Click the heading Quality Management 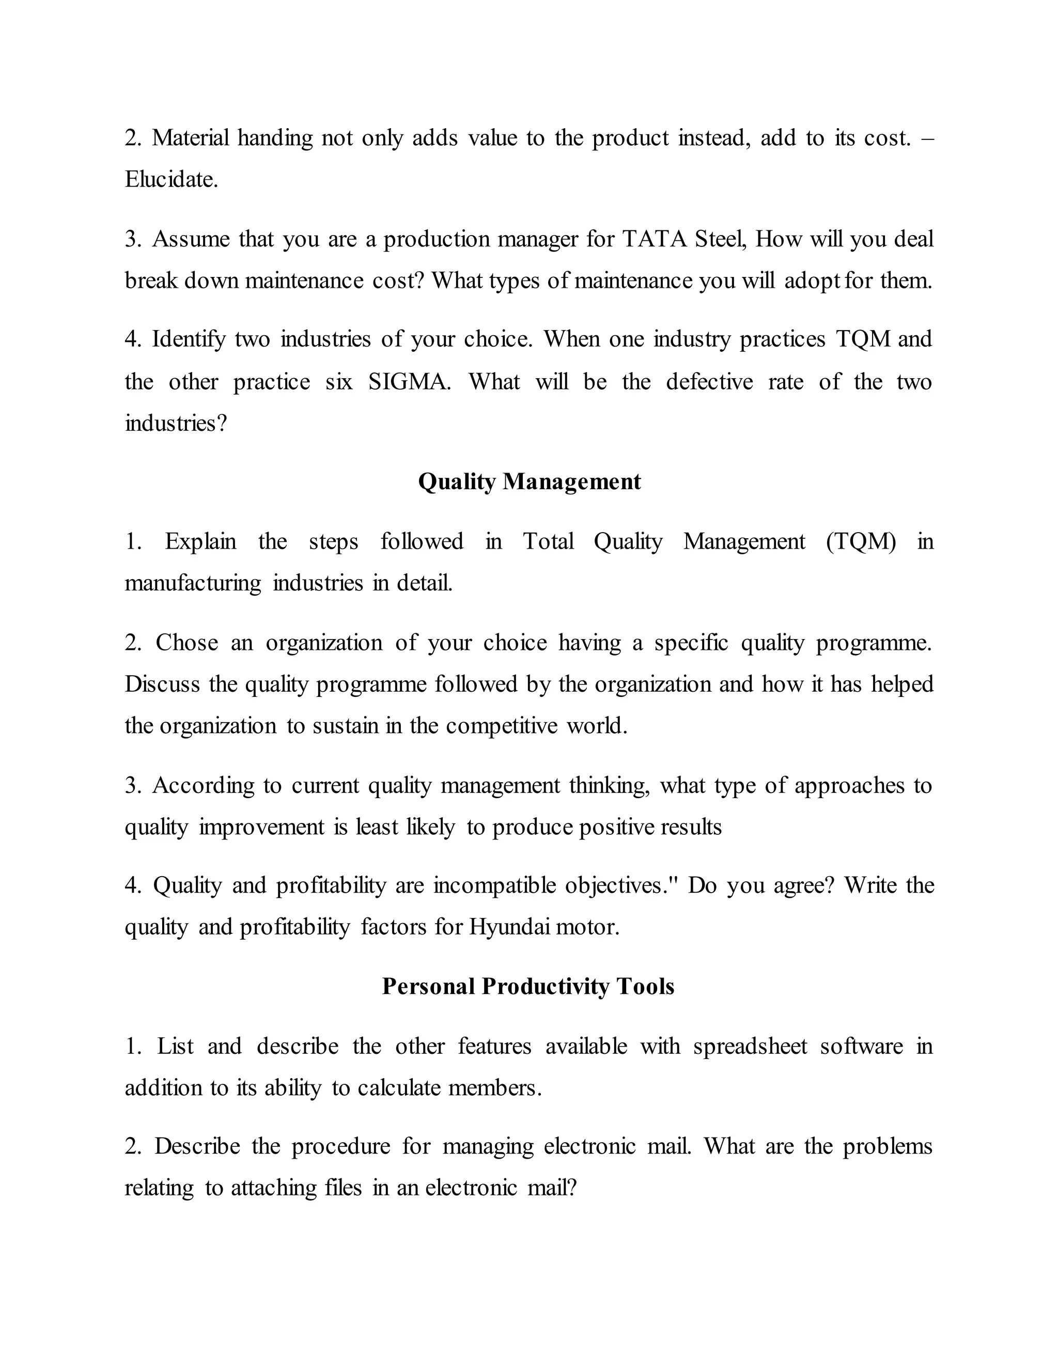(529, 481)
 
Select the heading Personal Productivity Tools (528, 986)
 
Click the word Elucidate (171, 180)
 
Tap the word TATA (655, 239)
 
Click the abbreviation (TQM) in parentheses (861, 541)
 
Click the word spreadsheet (750, 1046)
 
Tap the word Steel (720, 239)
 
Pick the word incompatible (494, 885)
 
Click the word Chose (187, 643)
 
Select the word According (203, 785)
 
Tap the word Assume (191, 239)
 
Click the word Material (191, 138)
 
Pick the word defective (709, 382)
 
